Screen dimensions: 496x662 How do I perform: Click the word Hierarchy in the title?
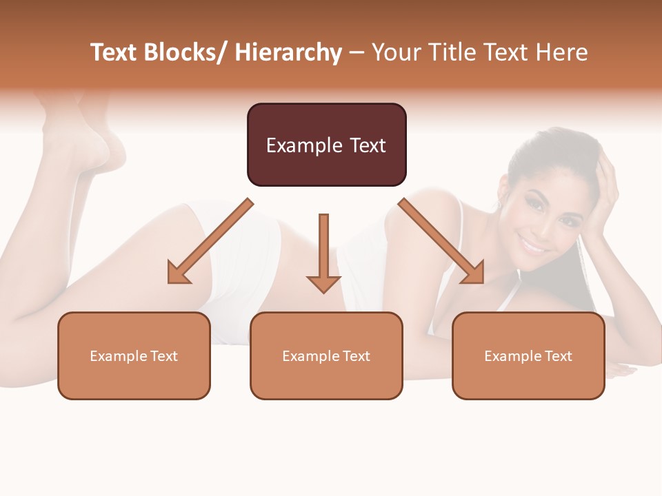288,53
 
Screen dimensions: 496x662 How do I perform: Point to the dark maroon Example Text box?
326,145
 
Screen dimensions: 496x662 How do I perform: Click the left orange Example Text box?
134,355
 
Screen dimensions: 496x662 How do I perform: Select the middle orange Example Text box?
326,355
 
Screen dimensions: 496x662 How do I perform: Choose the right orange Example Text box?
528,355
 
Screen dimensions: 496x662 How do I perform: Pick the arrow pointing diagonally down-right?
441,242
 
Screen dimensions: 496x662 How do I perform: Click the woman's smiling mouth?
532,244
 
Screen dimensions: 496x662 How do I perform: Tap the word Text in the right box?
558,356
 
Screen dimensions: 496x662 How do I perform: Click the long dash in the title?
357,53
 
